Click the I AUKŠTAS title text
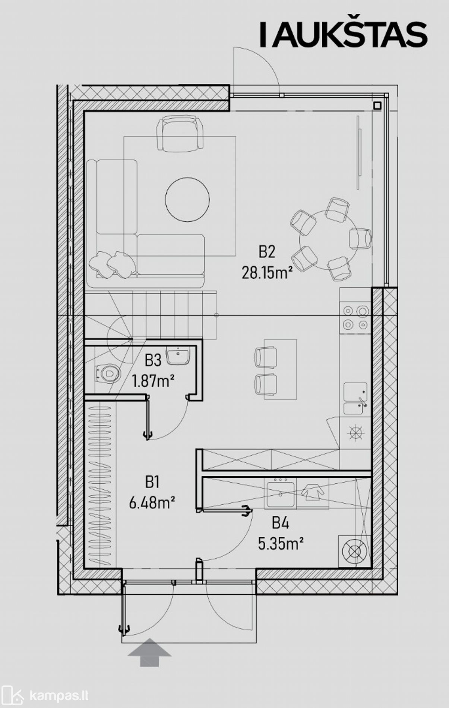coord(343,35)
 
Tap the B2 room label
coord(267,252)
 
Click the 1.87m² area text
coord(153,381)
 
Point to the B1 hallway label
coord(152,483)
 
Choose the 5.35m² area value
coord(281,544)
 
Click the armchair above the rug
coord(180,133)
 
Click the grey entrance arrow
coord(149,652)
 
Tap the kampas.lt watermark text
coord(59,695)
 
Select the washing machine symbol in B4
coord(355,551)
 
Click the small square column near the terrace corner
coord(377,105)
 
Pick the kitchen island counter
coord(281,369)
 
